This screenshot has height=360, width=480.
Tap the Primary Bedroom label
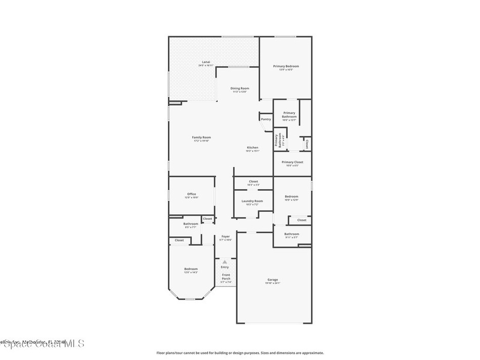[286, 67]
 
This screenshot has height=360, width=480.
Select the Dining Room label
[240, 88]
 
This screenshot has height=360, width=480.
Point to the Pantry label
[266, 119]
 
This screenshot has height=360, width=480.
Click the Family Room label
[202, 138]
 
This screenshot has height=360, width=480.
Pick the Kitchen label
[253, 148]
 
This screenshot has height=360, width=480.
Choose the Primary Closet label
[292, 162]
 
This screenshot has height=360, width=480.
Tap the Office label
[191, 194]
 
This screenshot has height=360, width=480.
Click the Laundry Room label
[252, 201]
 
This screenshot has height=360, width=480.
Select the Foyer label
[225, 237]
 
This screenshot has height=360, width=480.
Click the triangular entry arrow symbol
[225, 262]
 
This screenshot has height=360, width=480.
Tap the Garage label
[273, 280]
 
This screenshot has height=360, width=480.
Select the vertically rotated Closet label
[307, 143]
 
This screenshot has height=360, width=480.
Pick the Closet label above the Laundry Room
[253, 181]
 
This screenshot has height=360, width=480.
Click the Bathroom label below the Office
[190, 224]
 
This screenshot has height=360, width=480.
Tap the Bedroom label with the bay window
[191, 269]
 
